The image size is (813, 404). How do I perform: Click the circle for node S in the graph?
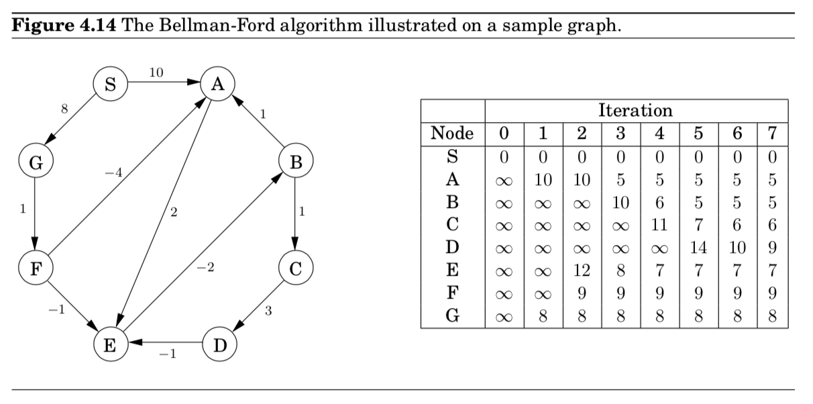pyautogui.click(x=109, y=84)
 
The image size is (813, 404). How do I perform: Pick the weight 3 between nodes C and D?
pyautogui.click(x=269, y=310)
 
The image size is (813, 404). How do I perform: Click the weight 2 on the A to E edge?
pyautogui.click(x=174, y=213)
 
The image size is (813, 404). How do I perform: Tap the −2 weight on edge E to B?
pyautogui.click(x=205, y=267)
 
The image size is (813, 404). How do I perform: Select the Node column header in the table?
pyautogui.click(x=452, y=134)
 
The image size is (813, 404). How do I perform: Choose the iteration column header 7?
pyautogui.click(x=772, y=134)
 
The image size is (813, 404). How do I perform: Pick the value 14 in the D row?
pyautogui.click(x=698, y=247)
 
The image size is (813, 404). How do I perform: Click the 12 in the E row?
pyautogui.click(x=581, y=270)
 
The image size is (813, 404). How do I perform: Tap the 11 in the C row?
pyautogui.click(x=659, y=224)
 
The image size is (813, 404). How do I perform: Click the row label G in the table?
pyautogui.click(x=452, y=316)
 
